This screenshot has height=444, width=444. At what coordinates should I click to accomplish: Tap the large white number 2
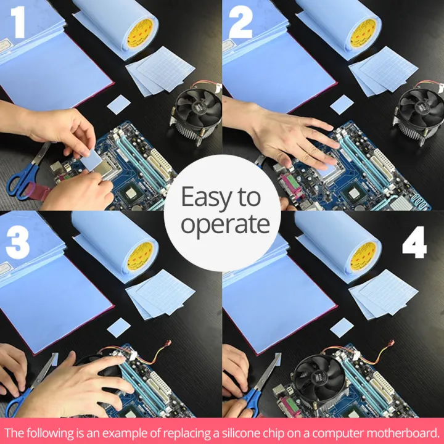point(240,22)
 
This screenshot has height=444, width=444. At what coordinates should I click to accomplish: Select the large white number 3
point(17,242)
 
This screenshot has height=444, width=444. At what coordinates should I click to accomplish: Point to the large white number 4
point(414,242)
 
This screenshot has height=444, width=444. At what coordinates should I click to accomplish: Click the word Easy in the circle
point(207,197)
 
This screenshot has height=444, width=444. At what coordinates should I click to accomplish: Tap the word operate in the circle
point(226,224)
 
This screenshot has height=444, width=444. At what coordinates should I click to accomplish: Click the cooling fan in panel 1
point(196,113)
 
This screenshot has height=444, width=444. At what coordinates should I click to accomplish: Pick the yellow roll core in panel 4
point(364,257)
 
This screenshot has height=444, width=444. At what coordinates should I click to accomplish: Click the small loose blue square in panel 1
point(118,105)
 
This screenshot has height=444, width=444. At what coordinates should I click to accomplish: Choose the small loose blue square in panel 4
point(342,327)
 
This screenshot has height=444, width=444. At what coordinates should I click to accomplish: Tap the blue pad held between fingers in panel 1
point(91,160)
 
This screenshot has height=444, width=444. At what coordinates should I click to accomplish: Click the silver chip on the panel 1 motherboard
point(131,194)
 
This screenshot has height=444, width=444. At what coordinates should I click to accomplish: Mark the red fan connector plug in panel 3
point(168,343)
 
